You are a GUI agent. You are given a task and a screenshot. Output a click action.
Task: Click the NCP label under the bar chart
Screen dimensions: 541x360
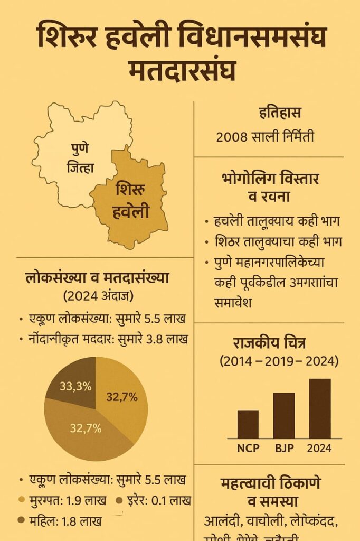tap(248, 449)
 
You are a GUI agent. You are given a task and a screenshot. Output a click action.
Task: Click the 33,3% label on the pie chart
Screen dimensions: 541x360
tap(75, 387)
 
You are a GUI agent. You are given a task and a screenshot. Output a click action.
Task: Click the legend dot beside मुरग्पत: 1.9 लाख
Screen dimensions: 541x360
tap(22, 500)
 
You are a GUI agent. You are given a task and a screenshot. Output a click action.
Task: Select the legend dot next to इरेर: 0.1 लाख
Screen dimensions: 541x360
tap(119, 500)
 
